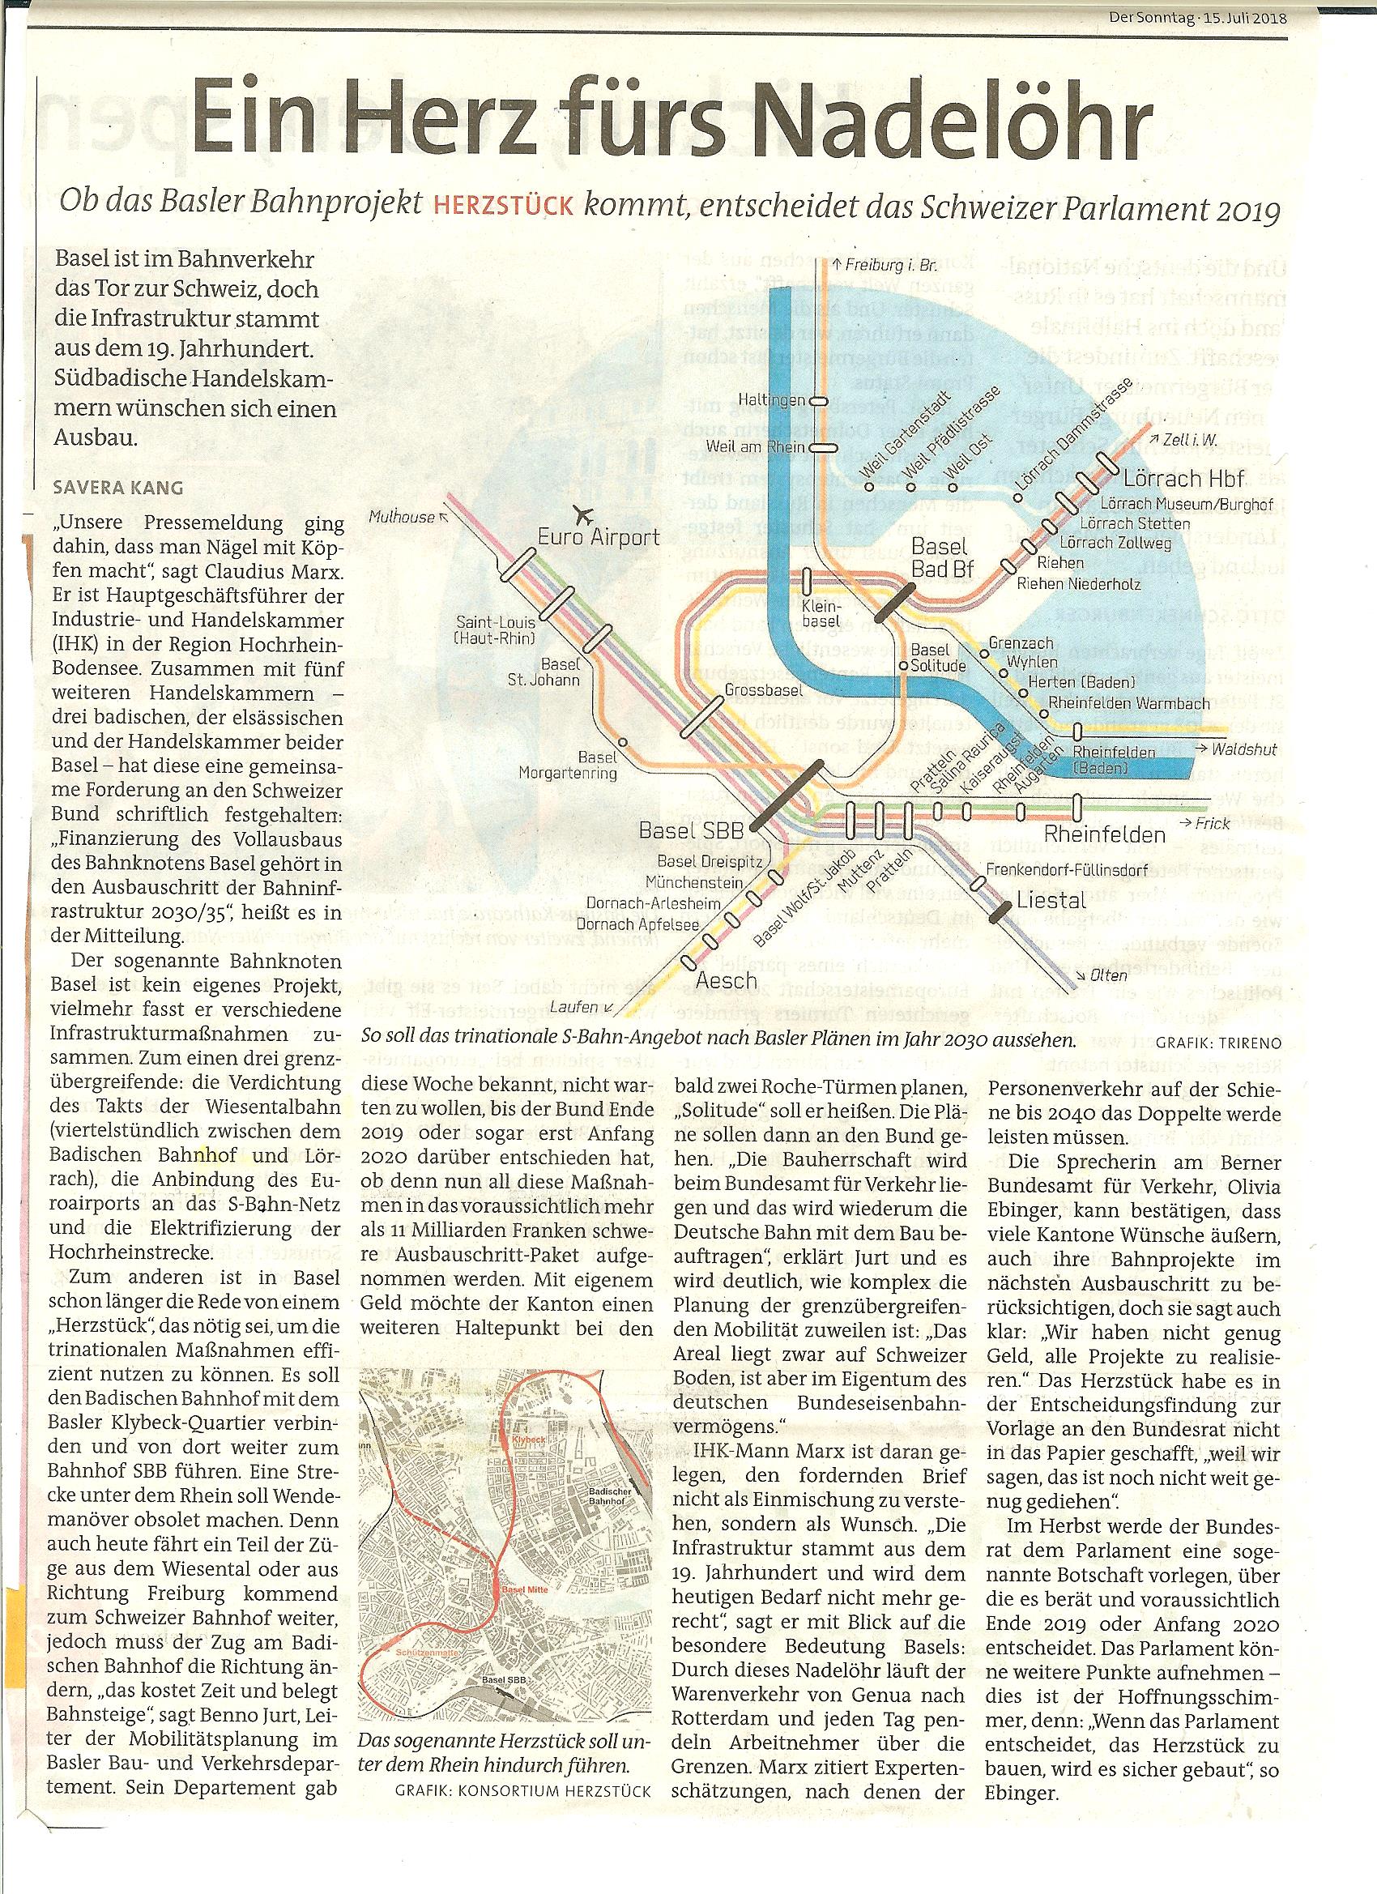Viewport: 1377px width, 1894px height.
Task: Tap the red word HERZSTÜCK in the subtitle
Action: tap(503, 206)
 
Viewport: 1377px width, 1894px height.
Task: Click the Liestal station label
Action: tap(1051, 900)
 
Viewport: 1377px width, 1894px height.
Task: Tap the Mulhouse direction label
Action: tap(402, 518)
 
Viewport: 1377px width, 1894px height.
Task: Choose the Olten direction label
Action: tap(1106, 975)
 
